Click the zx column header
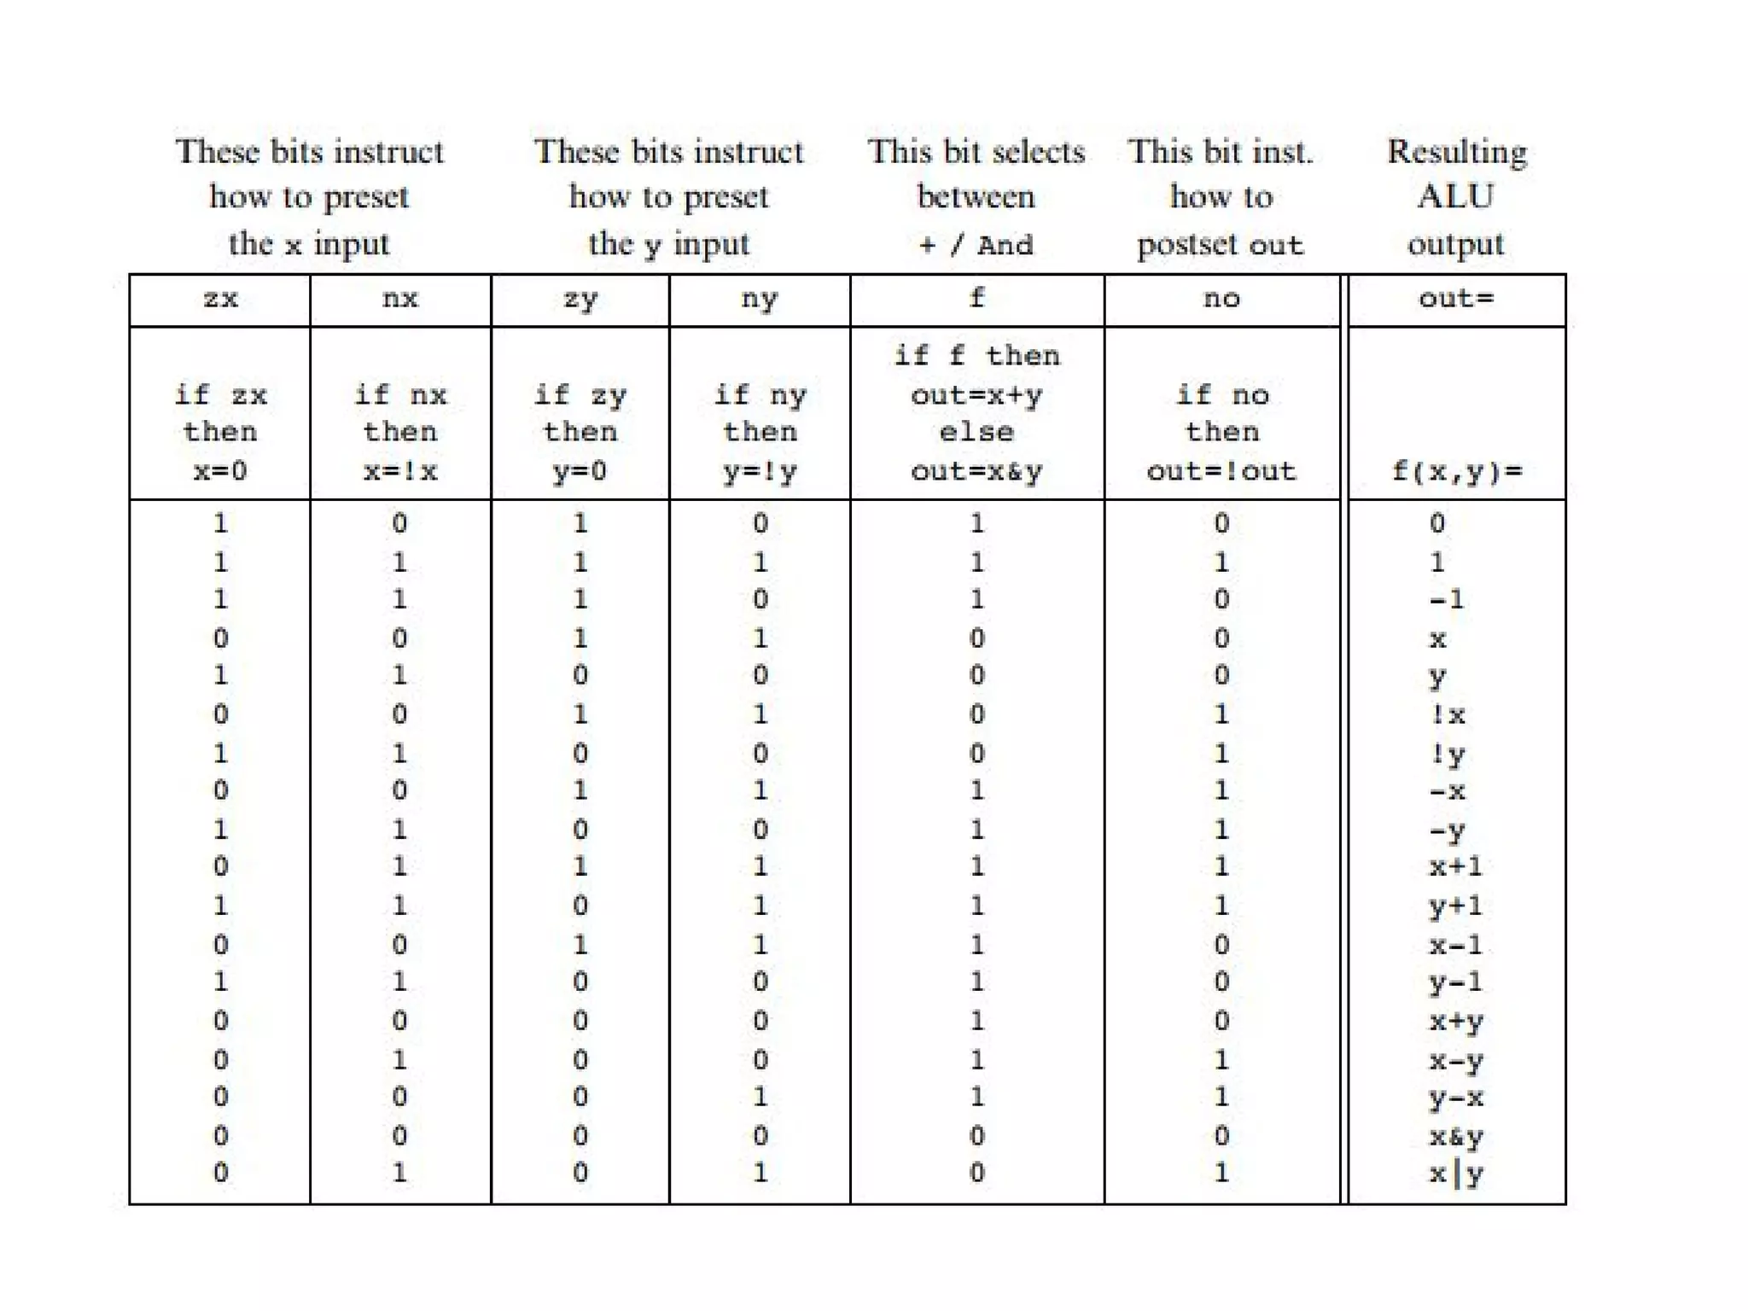click(220, 300)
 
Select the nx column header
click(400, 300)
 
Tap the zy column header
click(580, 300)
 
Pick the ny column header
click(760, 300)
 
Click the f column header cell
click(977, 298)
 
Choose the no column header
click(1221, 300)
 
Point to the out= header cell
click(1456, 300)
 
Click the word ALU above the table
click(1456, 197)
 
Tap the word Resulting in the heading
click(1456, 153)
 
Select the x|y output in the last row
click(1456, 1174)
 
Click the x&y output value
click(1456, 1136)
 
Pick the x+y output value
click(1456, 1021)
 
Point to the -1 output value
click(1447, 599)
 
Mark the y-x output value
click(1456, 1098)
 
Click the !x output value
click(1448, 714)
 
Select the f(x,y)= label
click(1456, 471)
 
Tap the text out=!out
click(1221, 471)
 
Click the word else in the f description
click(977, 432)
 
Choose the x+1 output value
click(1456, 867)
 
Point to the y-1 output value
click(1456, 982)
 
